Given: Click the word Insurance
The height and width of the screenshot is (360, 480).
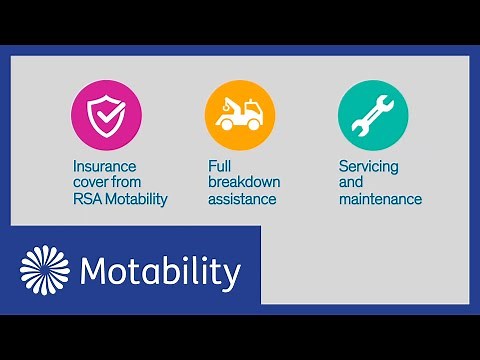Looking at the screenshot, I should pyautogui.click(x=103, y=166).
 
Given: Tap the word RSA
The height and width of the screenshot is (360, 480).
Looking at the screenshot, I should pyautogui.click(x=87, y=199).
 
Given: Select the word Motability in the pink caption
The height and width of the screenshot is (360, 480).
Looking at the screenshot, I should pyautogui.click(x=136, y=199).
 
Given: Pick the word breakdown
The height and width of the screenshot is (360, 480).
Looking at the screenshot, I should pyautogui.click(x=244, y=182).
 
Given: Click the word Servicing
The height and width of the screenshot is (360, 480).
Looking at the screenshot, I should pyautogui.click(x=369, y=166).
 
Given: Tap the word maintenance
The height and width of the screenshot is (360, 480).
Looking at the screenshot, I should pyautogui.click(x=380, y=199).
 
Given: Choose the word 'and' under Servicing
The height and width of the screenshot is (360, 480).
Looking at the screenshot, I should pyautogui.click(x=351, y=182).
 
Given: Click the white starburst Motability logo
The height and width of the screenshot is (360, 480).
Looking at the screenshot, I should pyautogui.click(x=46, y=272).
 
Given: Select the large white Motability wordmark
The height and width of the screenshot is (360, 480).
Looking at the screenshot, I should pyautogui.click(x=160, y=272).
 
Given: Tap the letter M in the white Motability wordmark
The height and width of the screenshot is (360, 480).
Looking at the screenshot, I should pyautogui.click(x=95, y=272).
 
